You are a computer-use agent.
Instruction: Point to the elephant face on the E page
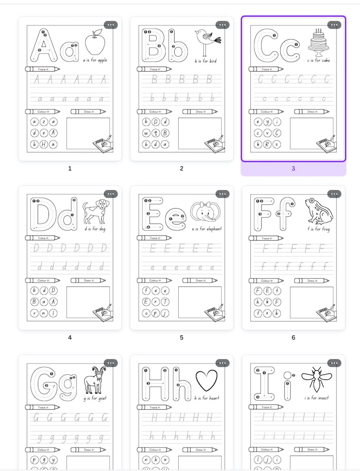[x=206, y=211]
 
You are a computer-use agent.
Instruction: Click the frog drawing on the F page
[x=319, y=211]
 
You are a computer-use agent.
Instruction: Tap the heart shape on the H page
[x=206, y=380]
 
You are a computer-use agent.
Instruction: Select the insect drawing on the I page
[x=316, y=379]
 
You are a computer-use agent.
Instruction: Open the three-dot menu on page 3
[x=334, y=25]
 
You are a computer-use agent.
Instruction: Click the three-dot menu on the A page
[x=111, y=25]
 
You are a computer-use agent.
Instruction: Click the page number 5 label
[x=181, y=337]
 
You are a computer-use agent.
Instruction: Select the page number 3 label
[x=293, y=168]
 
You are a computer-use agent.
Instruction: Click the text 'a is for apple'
[x=95, y=60]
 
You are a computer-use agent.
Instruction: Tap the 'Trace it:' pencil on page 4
[x=43, y=238]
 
